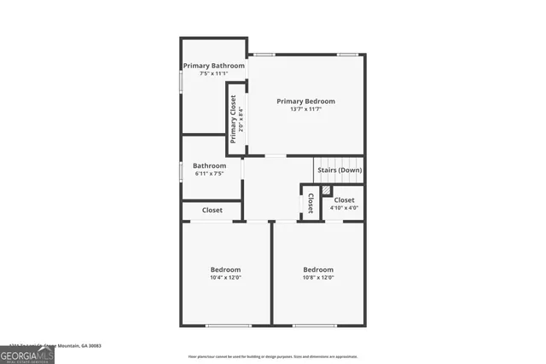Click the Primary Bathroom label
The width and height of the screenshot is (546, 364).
click(214, 66)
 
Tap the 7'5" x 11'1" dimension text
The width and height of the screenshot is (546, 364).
click(214, 74)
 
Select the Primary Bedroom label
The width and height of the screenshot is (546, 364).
click(305, 101)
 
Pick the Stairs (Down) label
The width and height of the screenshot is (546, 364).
click(340, 170)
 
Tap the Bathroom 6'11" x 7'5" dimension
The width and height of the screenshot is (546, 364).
click(209, 174)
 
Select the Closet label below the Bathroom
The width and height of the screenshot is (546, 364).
click(212, 211)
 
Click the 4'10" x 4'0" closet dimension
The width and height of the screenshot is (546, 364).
click(344, 208)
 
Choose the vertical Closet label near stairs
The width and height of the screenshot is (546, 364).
click(311, 203)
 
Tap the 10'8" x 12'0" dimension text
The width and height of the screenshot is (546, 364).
click(318, 278)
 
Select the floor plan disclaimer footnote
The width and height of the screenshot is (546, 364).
click(273, 356)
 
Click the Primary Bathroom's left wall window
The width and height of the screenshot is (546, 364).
click(180, 78)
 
